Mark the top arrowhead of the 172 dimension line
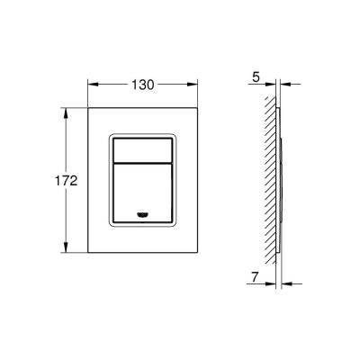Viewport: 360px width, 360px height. (x=65, y=112)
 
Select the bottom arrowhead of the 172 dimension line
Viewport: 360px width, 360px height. (x=65, y=247)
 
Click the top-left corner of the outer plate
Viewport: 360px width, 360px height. (x=87, y=109)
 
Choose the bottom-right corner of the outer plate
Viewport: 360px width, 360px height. (x=199, y=252)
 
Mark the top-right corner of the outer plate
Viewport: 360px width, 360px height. (x=199, y=109)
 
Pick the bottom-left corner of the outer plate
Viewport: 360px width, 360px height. (x=87, y=252)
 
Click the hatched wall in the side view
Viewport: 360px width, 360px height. (x=269, y=180)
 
